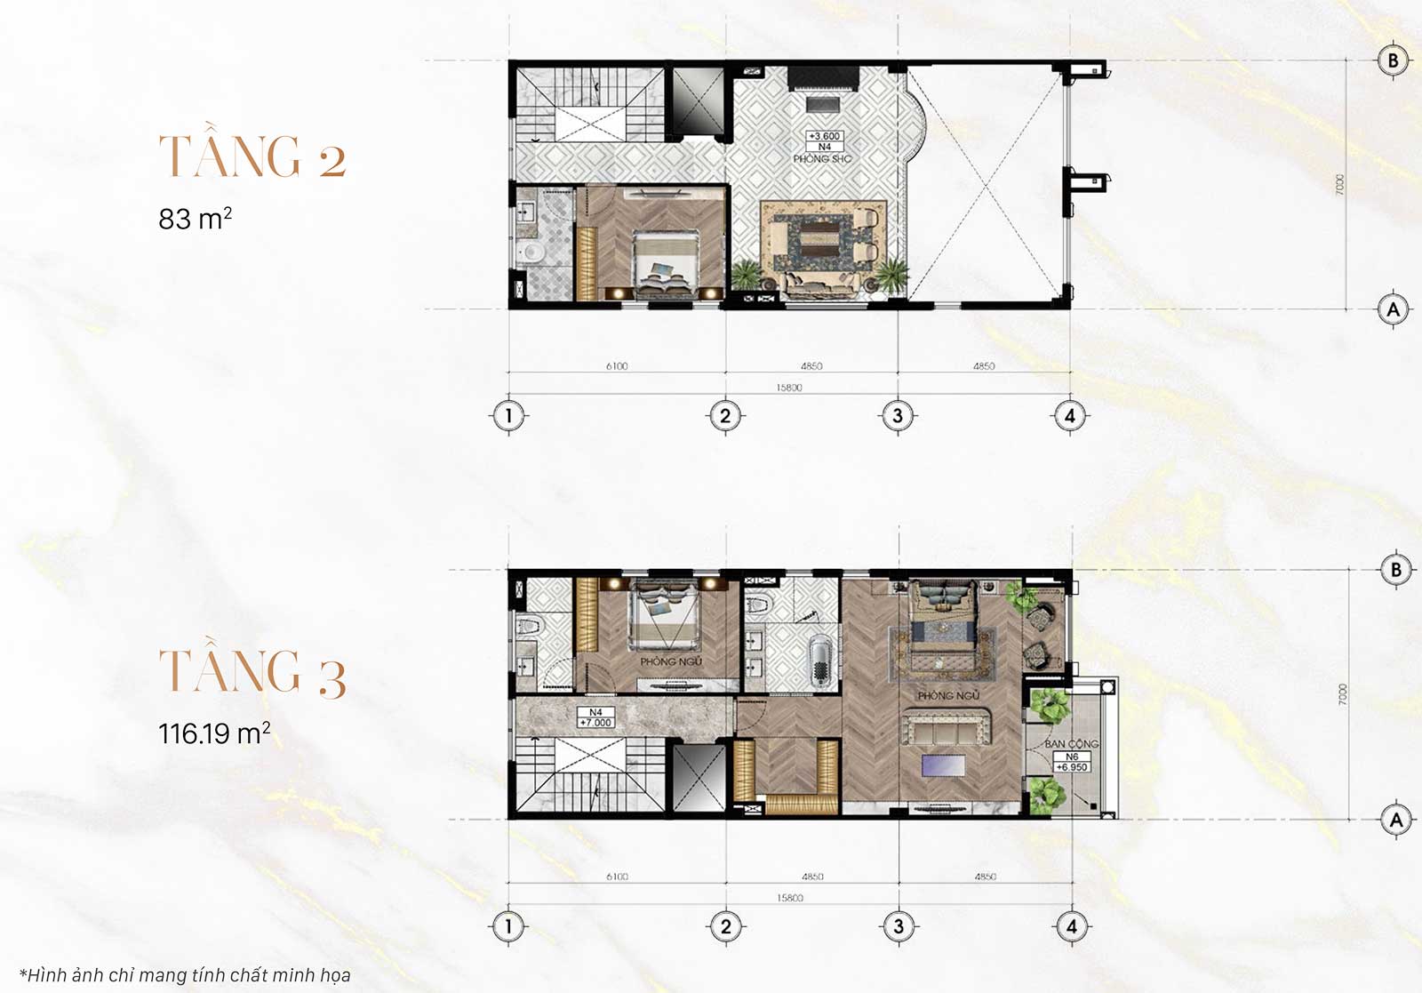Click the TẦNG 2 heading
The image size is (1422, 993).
(252, 157)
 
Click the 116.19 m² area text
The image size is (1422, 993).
(214, 733)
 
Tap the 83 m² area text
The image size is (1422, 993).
(195, 218)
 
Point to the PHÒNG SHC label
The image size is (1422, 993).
(822, 159)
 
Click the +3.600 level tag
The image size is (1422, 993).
(824, 137)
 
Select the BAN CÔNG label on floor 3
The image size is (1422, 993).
(1071, 743)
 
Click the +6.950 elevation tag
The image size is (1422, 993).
(1071, 767)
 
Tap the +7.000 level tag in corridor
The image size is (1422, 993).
(595, 723)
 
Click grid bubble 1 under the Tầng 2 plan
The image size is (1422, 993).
(508, 415)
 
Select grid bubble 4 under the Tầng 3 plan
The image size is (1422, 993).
(1071, 926)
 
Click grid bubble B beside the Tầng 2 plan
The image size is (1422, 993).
(1393, 60)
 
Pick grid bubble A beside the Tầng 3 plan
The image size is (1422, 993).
(1395, 820)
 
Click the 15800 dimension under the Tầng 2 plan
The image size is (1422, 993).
(788, 388)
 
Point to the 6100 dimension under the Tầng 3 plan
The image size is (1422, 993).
(617, 877)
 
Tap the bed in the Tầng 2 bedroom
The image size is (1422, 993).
(664, 262)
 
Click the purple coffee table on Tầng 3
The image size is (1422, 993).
(943, 765)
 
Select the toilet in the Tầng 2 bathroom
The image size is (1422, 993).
(534, 253)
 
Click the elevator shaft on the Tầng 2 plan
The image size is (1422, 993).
(698, 100)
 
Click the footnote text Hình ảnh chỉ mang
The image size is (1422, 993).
(185, 975)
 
